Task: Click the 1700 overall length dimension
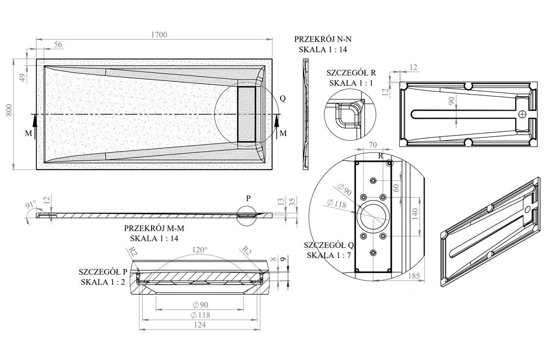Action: (x=159, y=34)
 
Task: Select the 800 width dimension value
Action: (x=8, y=113)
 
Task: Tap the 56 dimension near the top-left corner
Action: (x=57, y=45)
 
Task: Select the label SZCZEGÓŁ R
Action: (x=351, y=72)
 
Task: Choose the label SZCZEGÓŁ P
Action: (x=103, y=271)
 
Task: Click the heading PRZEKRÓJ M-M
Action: (x=154, y=229)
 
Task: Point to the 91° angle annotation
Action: (x=30, y=205)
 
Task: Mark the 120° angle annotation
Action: (x=201, y=249)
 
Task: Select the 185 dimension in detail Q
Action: (x=414, y=276)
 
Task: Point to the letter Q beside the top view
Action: (x=282, y=98)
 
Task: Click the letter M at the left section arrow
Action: (x=28, y=133)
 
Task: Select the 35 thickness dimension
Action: (x=294, y=202)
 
